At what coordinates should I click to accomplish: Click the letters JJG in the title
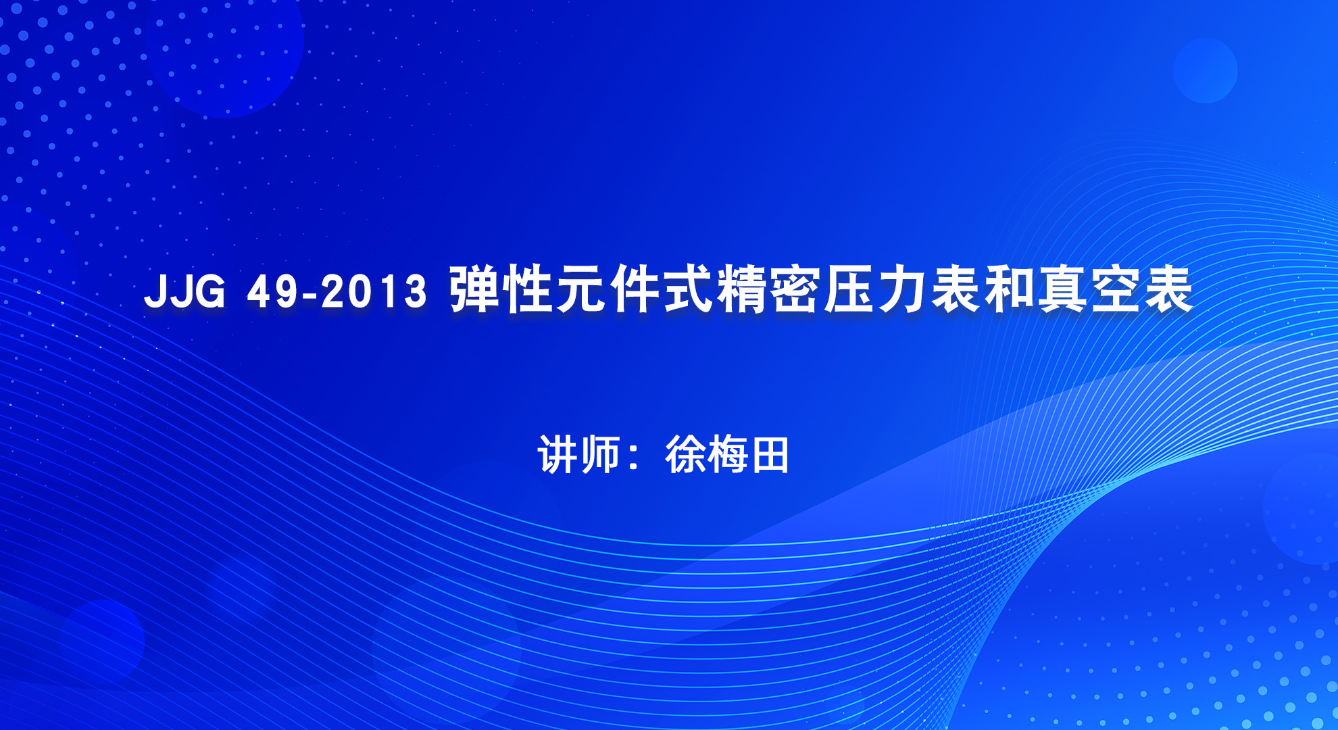tap(184, 291)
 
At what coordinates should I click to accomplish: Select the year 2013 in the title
tap(374, 291)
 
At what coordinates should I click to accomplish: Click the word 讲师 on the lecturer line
tap(579, 454)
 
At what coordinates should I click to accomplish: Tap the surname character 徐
tap(685, 454)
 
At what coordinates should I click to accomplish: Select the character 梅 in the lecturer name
tap(727, 454)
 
